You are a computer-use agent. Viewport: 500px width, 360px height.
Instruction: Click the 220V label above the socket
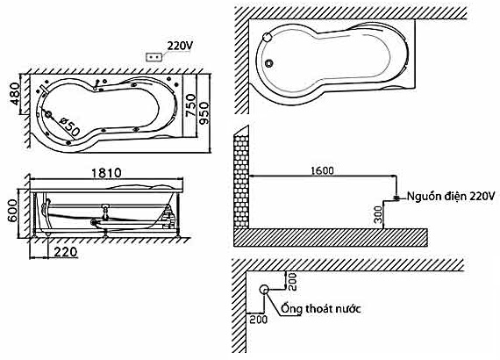[x=180, y=46]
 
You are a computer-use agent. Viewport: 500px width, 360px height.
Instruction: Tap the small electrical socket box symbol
[x=154, y=57]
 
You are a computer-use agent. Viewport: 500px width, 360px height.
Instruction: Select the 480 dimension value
[x=15, y=94]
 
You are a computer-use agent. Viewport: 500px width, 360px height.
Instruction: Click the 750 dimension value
[x=190, y=105]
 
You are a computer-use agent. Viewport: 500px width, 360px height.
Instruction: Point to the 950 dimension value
[x=204, y=113]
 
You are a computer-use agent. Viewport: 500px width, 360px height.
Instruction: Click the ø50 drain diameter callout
[x=69, y=126]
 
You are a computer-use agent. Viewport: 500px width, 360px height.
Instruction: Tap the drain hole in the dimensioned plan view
[x=48, y=114]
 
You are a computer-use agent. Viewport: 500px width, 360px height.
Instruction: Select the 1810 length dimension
[x=106, y=173]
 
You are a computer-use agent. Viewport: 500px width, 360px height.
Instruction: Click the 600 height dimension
[x=13, y=211]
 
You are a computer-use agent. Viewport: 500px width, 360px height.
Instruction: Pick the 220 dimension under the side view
[x=66, y=252]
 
